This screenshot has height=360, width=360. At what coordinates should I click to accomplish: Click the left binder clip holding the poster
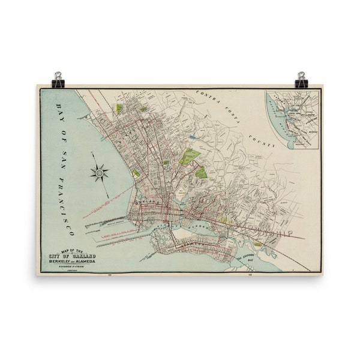click(x=58, y=80)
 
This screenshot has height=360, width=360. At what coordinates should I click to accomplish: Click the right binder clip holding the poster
click(x=301, y=80)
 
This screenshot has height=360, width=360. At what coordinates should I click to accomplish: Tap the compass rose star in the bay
click(x=99, y=173)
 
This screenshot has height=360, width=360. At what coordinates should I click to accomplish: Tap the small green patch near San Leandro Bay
click(x=257, y=244)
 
